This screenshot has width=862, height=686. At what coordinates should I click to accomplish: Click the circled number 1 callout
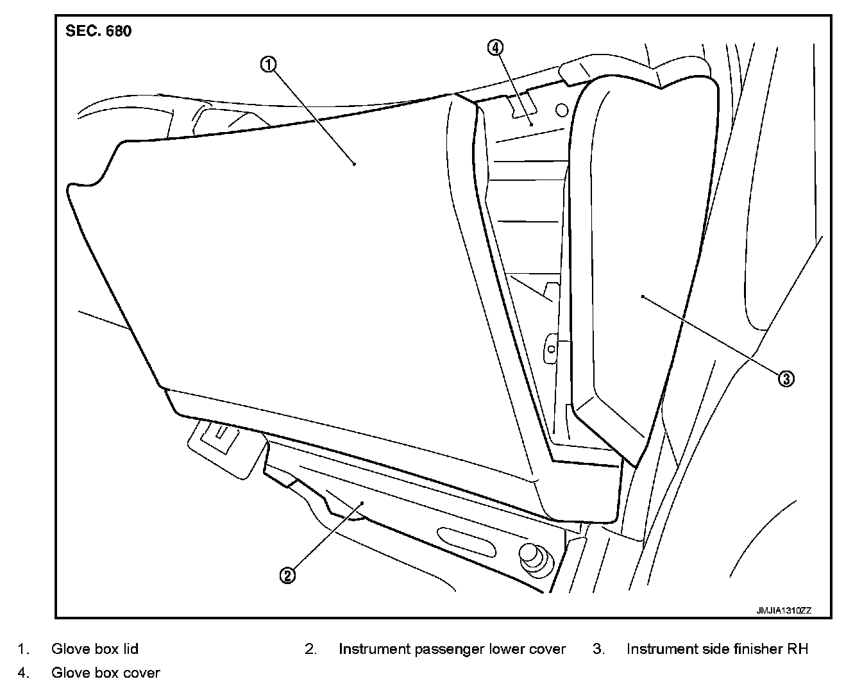click(x=268, y=64)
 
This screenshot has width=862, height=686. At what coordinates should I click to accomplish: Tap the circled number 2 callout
click(x=287, y=575)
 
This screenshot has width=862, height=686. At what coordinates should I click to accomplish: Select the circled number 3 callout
click(x=786, y=378)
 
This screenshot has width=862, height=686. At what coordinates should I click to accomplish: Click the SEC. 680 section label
click(x=99, y=31)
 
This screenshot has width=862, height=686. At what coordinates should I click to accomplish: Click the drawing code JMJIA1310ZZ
click(x=783, y=611)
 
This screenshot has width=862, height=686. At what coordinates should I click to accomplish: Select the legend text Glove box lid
click(x=95, y=649)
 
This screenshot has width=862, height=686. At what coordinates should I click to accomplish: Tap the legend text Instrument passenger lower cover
click(x=452, y=649)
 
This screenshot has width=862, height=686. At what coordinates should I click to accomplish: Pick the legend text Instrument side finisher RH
click(x=717, y=649)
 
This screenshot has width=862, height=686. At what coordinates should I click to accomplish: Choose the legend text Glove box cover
click(x=106, y=673)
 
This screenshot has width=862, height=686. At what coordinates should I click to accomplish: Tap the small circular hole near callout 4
click(x=561, y=110)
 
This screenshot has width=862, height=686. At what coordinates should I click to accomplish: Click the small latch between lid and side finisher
click(x=550, y=348)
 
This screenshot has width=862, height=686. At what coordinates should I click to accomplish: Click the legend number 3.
click(x=598, y=649)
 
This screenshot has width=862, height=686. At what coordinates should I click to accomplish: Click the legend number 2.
click(x=310, y=649)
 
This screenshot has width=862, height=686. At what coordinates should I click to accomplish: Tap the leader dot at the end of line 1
click(x=355, y=164)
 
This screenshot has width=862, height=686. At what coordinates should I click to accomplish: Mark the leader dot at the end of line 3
click(x=642, y=296)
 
